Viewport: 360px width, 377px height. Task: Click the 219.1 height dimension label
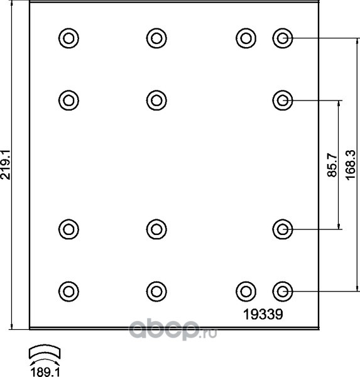click(x=6, y=165)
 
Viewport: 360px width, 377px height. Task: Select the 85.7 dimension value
click(x=332, y=165)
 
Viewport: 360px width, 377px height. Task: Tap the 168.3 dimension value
click(x=351, y=165)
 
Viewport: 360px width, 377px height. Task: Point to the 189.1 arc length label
click(x=45, y=372)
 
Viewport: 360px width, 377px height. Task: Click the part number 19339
click(x=263, y=314)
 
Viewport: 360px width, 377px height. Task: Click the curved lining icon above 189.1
click(x=45, y=352)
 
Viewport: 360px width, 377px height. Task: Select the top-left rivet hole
click(x=68, y=38)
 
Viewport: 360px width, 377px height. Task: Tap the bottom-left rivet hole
click(x=68, y=292)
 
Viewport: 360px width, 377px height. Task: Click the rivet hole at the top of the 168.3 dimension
click(x=283, y=38)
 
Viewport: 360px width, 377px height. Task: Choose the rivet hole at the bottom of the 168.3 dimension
click(x=283, y=292)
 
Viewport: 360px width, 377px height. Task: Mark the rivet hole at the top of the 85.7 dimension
click(x=283, y=101)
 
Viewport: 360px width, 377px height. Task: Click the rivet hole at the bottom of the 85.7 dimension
click(x=283, y=229)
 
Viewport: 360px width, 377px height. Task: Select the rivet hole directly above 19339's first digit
click(x=246, y=292)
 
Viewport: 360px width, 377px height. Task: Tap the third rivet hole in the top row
click(x=246, y=38)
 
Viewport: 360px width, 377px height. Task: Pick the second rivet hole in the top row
click(x=156, y=38)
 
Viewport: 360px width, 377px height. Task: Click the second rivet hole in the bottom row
click(x=156, y=292)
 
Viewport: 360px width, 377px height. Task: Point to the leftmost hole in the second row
click(x=68, y=101)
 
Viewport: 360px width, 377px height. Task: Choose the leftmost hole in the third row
click(x=68, y=229)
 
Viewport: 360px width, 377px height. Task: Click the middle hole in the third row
click(x=156, y=229)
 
